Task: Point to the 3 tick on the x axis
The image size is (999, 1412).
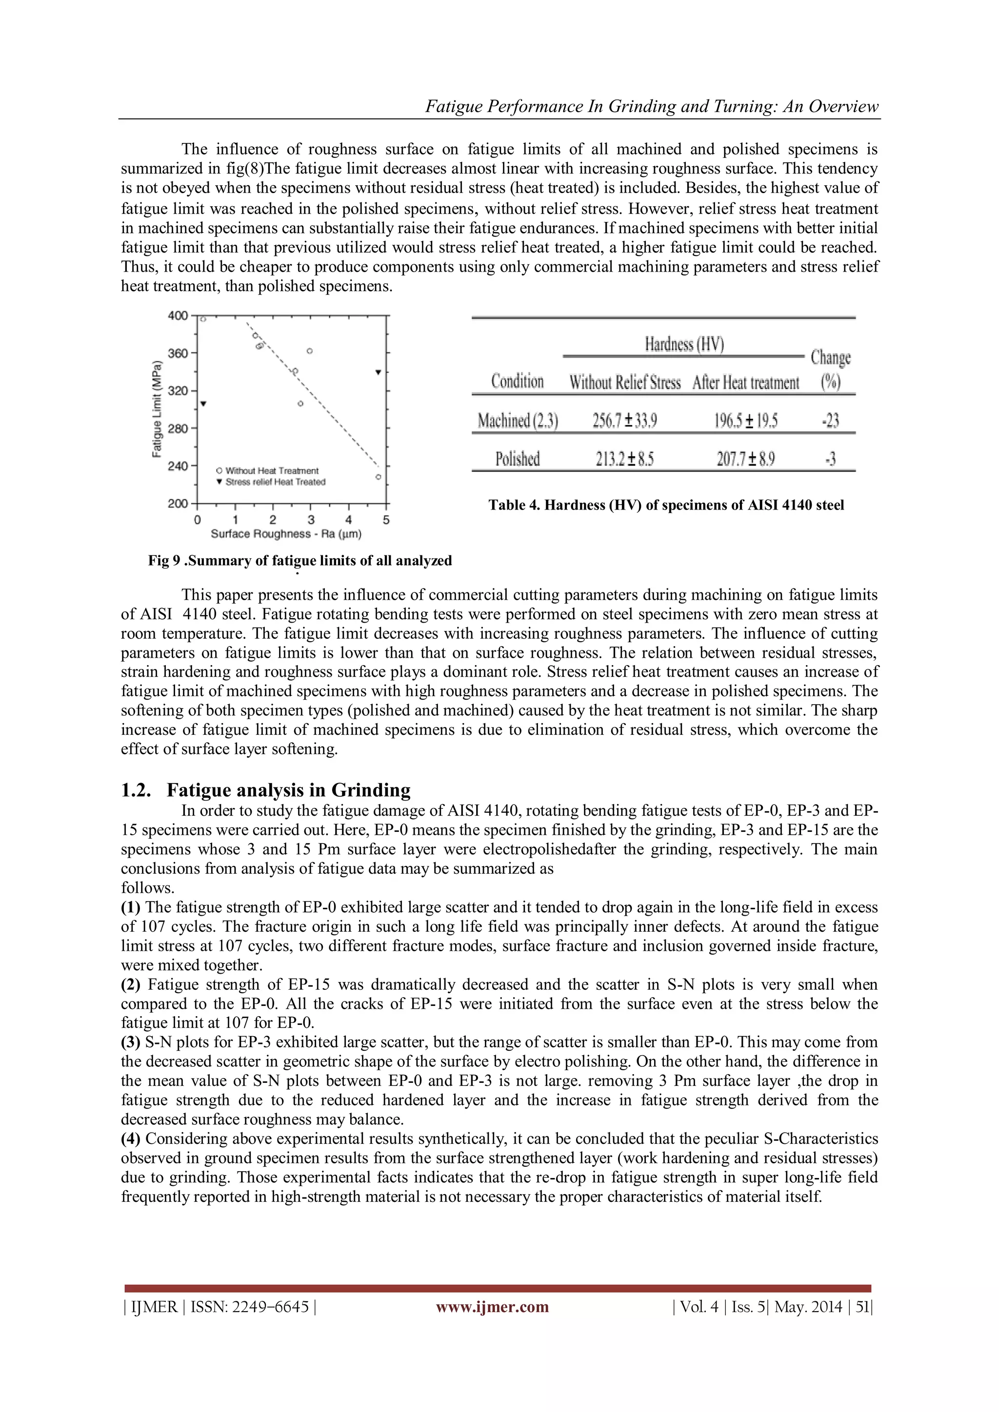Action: tap(311, 520)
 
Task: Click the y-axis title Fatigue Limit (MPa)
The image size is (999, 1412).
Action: tap(158, 409)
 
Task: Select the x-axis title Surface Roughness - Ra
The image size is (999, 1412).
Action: tap(286, 534)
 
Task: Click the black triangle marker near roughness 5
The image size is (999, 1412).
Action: tap(379, 372)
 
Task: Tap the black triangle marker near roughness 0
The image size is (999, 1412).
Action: tap(203, 403)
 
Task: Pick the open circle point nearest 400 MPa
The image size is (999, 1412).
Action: tap(203, 318)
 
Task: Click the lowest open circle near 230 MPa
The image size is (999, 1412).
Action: tap(379, 477)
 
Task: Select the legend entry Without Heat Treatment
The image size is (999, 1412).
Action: tap(271, 471)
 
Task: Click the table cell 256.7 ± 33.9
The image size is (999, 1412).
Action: tap(624, 421)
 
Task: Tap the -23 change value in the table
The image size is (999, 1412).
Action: tap(830, 421)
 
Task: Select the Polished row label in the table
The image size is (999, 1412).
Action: tap(518, 459)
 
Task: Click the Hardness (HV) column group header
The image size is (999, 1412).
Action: tap(684, 344)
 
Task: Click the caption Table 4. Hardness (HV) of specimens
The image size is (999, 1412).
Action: tap(666, 505)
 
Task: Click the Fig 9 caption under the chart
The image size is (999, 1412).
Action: tap(300, 560)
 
